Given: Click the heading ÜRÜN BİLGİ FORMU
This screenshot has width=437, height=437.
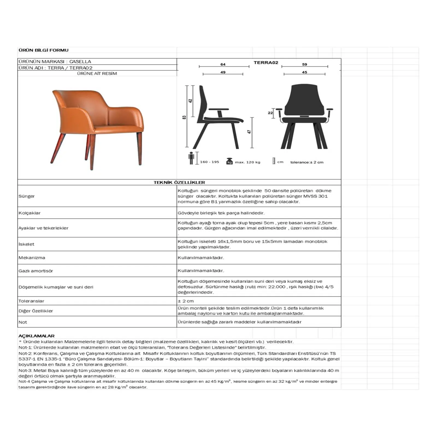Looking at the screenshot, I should pos(43,50).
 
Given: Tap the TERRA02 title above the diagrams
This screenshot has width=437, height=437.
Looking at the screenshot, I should pos(266,63).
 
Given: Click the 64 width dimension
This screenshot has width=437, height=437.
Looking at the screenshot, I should pos(223,64).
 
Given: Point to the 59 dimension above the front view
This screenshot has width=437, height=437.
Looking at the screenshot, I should pos(305,64).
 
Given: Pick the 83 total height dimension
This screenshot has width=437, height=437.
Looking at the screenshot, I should pos(184,117).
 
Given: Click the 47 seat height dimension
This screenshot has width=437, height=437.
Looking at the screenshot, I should pos(249,132).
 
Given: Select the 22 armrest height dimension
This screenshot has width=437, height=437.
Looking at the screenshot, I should pos(270,113).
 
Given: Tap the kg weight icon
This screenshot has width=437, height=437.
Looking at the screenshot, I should pos(229,161).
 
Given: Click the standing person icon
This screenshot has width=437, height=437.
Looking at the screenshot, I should pos(191,158).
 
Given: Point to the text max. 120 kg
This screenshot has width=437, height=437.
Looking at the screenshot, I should pos(247,162).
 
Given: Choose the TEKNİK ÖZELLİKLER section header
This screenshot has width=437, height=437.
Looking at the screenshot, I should pos(179,182).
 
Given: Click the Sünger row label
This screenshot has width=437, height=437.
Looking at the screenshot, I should pos(26,196).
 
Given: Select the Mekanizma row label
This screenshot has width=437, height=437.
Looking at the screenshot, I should pos(32,258).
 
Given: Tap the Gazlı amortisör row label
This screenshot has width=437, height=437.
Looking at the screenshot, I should pos(36,271).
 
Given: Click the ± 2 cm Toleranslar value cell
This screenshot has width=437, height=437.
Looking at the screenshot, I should pos(186,301).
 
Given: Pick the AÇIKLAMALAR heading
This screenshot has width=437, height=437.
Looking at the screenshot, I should pos(36,336).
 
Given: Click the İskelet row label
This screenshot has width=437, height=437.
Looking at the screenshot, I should pos(26,244).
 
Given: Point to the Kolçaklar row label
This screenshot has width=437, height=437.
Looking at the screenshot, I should pos(29,213).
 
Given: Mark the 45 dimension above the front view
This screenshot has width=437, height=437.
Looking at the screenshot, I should pos(305,72).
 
